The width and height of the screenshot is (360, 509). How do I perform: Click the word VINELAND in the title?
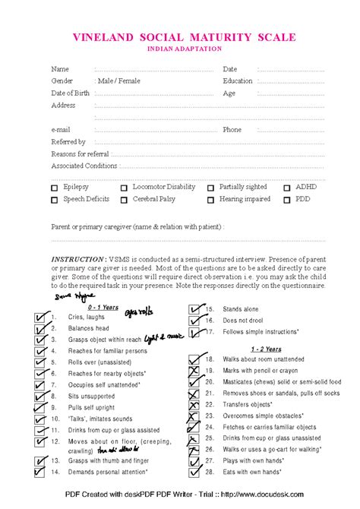(104, 37)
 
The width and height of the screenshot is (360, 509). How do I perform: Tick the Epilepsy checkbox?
(54, 188)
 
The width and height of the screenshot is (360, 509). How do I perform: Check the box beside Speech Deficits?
(54, 201)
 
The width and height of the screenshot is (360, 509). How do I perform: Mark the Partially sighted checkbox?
(210, 188)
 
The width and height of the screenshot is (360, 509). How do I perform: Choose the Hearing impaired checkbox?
(210, 201)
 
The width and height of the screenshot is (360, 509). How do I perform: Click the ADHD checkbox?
(287, 188)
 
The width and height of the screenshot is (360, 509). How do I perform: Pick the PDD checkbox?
(287, 201)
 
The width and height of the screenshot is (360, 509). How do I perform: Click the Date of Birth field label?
(70, 93)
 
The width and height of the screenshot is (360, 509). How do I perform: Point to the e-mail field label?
(61, 130)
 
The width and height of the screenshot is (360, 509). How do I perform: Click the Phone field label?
(232, 130)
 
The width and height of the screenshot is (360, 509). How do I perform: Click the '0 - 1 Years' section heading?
(81, 307)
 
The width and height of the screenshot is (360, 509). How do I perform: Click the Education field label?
(238, 81)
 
